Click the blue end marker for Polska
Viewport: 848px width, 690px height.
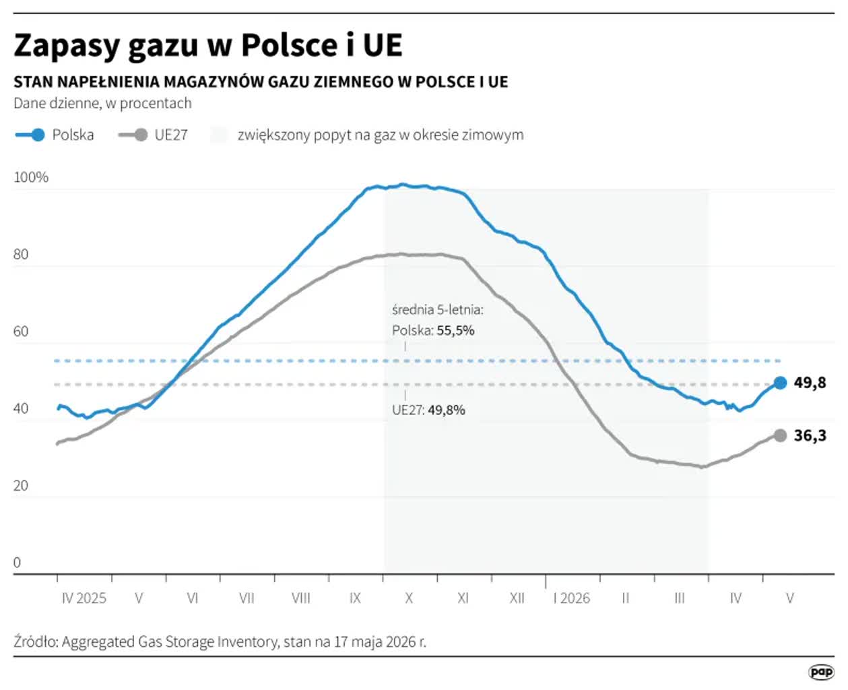780,383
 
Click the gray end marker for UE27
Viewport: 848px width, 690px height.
780,435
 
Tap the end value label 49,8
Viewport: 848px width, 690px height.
810,383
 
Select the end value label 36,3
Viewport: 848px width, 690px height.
810,435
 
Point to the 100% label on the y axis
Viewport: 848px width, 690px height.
31,177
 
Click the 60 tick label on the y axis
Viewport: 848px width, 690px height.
21,332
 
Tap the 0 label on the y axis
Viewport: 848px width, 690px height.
17,562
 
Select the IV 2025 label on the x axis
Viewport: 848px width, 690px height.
84,598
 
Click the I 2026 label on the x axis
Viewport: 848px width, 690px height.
571,598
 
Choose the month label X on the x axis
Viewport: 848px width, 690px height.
409,598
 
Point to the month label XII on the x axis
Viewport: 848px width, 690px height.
517,598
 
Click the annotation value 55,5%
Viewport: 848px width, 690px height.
455,330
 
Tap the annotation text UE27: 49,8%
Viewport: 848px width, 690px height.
428,410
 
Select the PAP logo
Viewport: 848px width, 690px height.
821,672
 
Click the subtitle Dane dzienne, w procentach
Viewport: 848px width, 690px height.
102,104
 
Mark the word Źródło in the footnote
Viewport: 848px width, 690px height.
35,642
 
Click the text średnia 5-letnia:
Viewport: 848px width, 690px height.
438,310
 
